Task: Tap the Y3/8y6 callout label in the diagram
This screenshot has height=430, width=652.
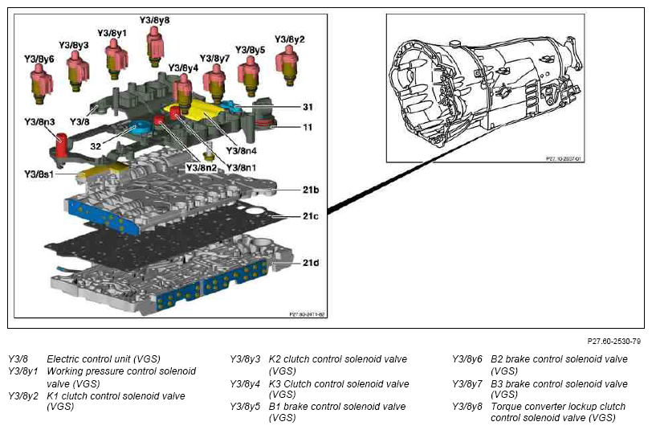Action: coord(39,59)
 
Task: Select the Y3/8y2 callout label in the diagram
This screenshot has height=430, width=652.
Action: coord(289,39)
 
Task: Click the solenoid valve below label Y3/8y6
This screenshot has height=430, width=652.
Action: coord(40,83)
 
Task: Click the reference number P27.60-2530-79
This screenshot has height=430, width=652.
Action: coord(613,342)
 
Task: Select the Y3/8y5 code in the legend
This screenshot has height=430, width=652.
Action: coord(245,407)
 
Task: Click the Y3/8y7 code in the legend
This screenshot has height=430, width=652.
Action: coord(467,383)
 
